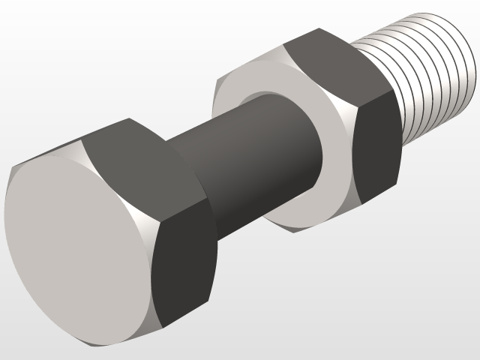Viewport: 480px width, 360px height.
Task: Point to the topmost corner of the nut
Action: (319, 29)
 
